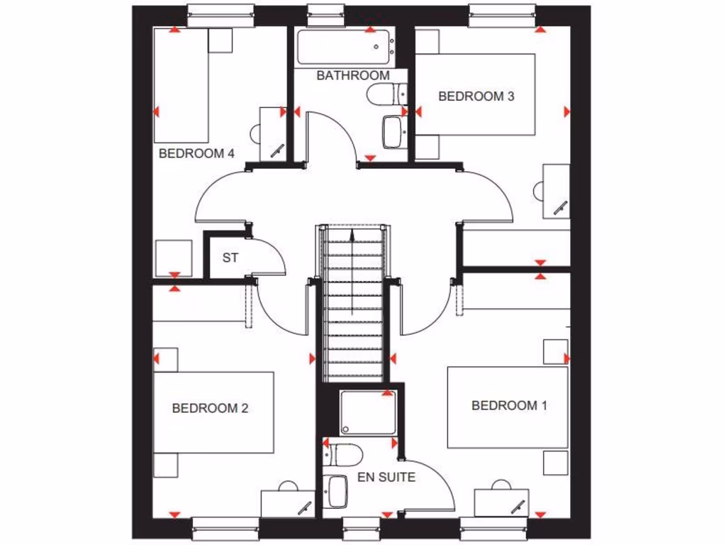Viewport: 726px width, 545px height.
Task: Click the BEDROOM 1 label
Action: pos(509,405)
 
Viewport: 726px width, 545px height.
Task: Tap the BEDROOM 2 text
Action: pos(210,408)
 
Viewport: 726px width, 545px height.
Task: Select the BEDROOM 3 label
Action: pos(476,97)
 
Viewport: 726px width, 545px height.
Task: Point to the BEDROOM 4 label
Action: pos(196,153)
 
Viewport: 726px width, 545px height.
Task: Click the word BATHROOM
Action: pos(352,75)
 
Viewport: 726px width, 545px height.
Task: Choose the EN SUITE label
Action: pos(386,477)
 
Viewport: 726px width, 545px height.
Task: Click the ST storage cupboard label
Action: pos(230,258)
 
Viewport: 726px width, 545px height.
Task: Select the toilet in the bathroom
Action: pos(386,94)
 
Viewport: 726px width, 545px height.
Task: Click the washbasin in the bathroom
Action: pos(393,132)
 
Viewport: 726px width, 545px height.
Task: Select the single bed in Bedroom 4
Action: pos(181,85)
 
